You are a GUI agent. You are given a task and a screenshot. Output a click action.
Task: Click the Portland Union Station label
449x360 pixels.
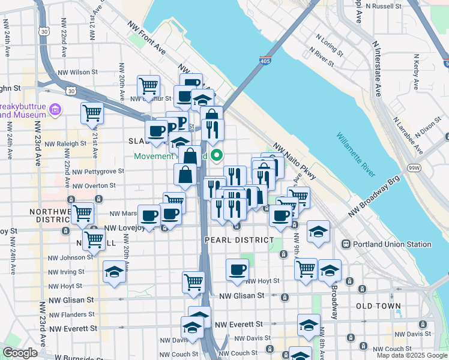click(x=392, y=244)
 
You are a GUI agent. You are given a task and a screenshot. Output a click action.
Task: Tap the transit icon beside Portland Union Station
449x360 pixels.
click(x=346, y=244)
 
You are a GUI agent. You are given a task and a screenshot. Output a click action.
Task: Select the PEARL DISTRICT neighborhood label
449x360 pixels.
click(x=239, y=240)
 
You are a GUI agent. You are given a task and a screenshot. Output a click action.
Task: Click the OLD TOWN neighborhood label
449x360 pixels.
click(x=378, y=306)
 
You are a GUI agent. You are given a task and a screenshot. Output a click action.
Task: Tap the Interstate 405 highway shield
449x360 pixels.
click(x=265, y=61)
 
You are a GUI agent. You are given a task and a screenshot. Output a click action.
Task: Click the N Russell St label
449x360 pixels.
click(x=390, y=6)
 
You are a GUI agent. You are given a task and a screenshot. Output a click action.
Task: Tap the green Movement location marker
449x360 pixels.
click(x=218, y=156)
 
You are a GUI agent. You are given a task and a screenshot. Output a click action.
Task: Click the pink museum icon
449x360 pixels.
click(x=56, y=109)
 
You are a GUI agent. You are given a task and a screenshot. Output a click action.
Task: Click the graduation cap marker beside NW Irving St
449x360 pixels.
click(x=114, y=271)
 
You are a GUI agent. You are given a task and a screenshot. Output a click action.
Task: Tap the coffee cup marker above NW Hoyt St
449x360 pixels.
click(x=237, y=269)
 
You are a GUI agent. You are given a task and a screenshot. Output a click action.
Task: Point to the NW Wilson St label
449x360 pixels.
click(x=77, y=72)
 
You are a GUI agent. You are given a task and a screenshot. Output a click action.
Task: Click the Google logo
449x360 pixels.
click(x=20, y=353)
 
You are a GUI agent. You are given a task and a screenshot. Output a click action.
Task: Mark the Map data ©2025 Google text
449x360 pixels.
click(x=411, y=355)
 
